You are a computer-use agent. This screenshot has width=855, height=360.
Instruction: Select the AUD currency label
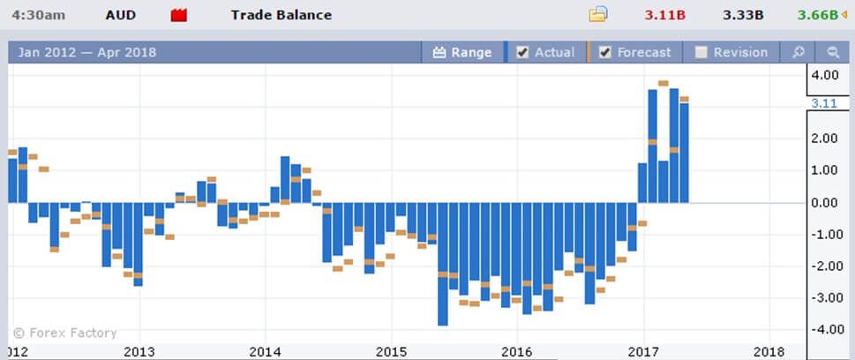click(x=120, y=15)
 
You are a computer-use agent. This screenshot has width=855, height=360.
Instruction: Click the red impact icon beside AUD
click(x=179, y=15)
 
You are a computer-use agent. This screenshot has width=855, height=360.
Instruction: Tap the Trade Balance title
click(x=281, y=15)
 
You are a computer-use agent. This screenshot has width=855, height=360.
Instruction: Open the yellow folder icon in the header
click(x=598, y=14)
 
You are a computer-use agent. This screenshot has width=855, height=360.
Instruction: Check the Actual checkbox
click(x=522, y=52)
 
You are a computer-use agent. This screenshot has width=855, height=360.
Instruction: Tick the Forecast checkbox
click(x=605, y=52)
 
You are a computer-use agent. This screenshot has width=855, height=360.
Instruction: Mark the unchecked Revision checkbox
click(x=701, y=52)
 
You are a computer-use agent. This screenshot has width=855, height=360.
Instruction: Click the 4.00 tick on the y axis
click(x=824, y=75)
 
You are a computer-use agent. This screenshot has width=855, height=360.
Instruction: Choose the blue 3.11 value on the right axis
click(x=822, y=103)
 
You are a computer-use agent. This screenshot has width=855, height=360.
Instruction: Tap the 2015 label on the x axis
click(x=391, y=351)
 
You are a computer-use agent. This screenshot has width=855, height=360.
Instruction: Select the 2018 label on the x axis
click(x=769, y=351)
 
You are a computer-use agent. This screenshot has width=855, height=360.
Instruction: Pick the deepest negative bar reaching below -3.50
click(x=442, y=265)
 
